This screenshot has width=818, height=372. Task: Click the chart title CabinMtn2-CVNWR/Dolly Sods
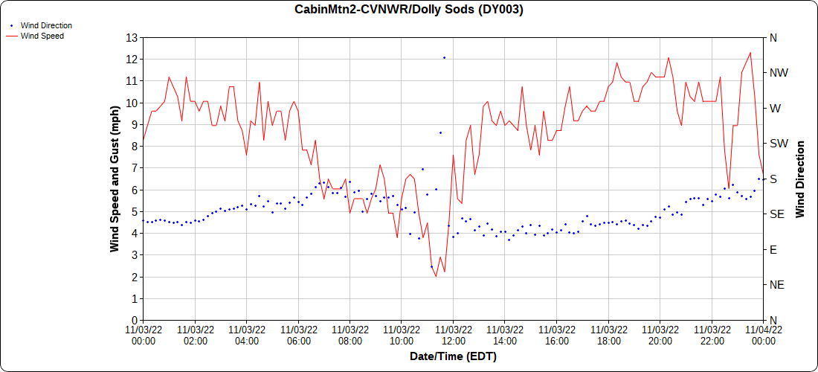pos(408,10)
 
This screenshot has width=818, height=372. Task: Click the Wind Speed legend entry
pos(42,36)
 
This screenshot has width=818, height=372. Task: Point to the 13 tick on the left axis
pos(132,37)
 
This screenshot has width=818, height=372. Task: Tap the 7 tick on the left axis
pos(135,168)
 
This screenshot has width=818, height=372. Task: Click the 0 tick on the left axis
pos(135,321)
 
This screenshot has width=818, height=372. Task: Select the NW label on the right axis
pos(778,73)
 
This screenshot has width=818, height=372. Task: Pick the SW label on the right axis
pos(778,144)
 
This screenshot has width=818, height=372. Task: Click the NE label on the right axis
pos(776,285)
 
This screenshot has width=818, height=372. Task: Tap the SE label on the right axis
pos(776,214)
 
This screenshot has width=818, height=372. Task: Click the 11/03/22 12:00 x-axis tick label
pos(453,335)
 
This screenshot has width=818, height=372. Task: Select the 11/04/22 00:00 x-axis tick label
pos(763,335)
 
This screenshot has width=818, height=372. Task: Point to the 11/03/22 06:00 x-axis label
pos(298,335)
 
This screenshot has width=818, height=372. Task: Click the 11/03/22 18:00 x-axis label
pos(608,335)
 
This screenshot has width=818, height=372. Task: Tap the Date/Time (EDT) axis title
pos(453,356)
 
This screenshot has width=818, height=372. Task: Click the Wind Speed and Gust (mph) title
pos(115,179)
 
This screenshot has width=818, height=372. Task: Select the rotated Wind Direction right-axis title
pos(800,179)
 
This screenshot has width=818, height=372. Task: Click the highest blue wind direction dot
pos(444,57)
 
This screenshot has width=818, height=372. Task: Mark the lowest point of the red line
pos(436,277)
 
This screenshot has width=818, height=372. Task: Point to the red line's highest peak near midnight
pos(750,52)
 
